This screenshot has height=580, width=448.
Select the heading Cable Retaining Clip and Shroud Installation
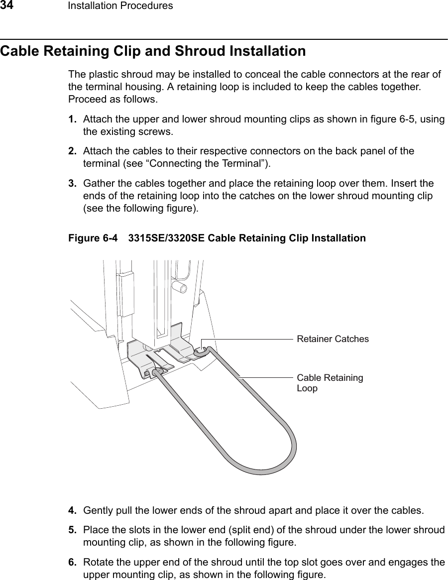point(153,51)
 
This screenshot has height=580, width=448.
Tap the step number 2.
point(72,150)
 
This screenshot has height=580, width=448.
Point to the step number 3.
point(72,184)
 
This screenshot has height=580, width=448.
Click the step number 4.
point(72,510)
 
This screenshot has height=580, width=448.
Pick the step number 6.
point(72,563)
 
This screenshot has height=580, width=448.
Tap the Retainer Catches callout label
point(333,339)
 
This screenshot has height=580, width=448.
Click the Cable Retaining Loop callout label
point(330,383)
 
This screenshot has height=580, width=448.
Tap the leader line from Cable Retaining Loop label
point(266,378)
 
